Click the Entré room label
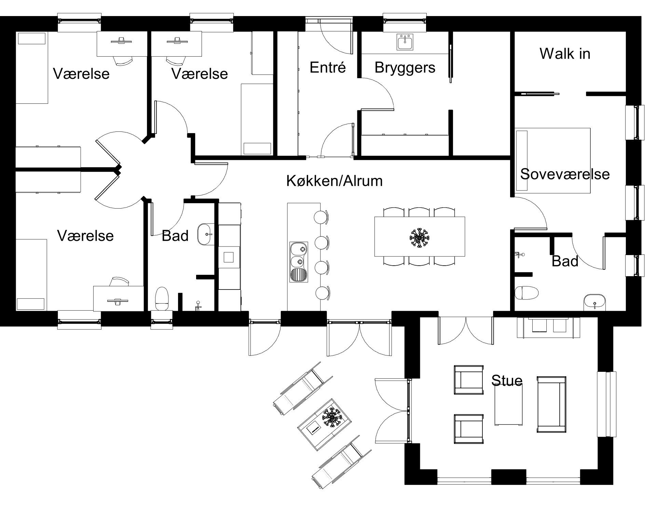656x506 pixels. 328,67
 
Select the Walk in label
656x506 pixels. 565,54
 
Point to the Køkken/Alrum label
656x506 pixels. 334,181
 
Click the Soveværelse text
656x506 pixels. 565,174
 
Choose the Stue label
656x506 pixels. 507,380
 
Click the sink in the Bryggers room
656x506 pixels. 405,42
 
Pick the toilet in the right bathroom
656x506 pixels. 527,293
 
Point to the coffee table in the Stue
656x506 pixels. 508,407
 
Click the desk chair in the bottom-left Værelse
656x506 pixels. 119,282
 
